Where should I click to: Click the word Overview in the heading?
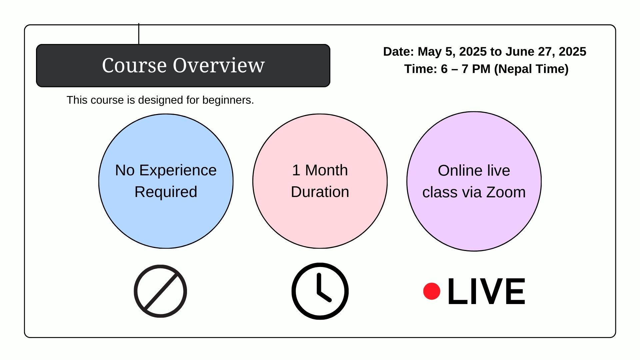coord(219,65)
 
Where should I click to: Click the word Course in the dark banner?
coord(134,65)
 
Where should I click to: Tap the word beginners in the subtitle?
coord(228,100)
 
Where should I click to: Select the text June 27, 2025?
coord(546,52)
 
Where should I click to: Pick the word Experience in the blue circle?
coord(178,171)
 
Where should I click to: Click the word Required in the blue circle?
coord(166,192)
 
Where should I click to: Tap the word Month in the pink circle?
coord(326,170)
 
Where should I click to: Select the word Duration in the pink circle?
coord(320,192)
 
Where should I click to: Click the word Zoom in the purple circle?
coord(506,192)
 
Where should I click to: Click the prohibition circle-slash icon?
coord(160,291)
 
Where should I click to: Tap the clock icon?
coord(320,291)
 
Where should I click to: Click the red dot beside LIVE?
coord(432,291)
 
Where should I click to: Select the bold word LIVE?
coord(486,291)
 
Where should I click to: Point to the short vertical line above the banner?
coord(139,34)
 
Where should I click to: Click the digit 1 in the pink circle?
coord(296,170)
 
